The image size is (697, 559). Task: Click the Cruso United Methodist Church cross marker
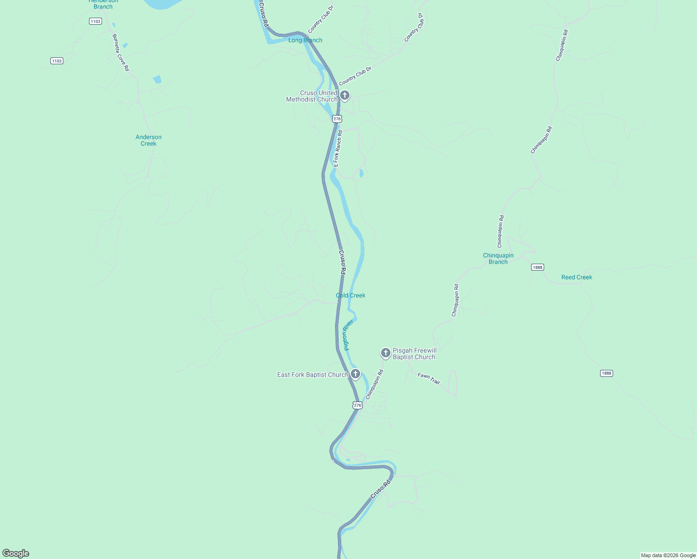[345, 95]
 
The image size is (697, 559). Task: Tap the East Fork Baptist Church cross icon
[355, 374]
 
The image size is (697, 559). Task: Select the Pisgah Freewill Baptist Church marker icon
[386, 353]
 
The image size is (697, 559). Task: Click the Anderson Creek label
[149, 140]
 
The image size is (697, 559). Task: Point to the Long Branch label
[305, 40]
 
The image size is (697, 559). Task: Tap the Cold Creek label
[350, 295]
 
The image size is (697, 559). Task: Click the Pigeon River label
[348, 334]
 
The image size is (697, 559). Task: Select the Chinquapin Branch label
[498, 259]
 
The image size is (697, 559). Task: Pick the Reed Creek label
[576, 277]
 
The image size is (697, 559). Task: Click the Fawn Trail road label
[429, 379]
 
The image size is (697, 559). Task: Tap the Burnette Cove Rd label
[120, 52]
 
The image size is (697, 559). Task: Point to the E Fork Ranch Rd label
[338, 148]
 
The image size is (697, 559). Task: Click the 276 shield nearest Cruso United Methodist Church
[337, 119]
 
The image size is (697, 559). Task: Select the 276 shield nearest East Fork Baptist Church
[357, 405]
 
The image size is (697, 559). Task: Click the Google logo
[16, 553]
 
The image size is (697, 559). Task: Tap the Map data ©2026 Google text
[668, 555]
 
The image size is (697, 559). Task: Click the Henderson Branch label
[103, 4]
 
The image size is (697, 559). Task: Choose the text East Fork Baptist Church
[313, 375]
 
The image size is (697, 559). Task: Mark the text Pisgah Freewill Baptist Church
[414, 354]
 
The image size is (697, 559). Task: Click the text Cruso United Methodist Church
[312, 96]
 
